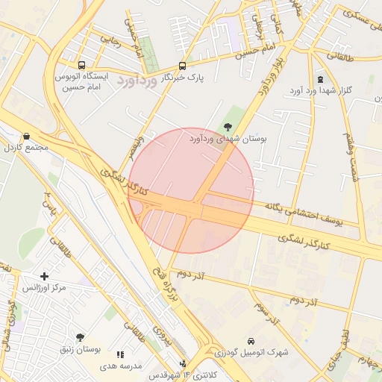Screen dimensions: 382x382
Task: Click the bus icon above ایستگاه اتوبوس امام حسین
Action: (81, 65)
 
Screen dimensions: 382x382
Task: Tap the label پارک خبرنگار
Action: (184, 77)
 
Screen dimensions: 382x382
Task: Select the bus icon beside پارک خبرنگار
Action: (183, 66)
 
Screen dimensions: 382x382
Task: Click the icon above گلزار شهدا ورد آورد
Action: (320, 79)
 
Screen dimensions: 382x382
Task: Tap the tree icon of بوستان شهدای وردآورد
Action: (228, 127)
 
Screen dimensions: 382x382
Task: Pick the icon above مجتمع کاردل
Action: (27, 137)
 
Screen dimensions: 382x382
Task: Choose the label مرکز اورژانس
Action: (45, 287)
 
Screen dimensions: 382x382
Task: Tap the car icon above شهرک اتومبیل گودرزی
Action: (251, 341)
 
